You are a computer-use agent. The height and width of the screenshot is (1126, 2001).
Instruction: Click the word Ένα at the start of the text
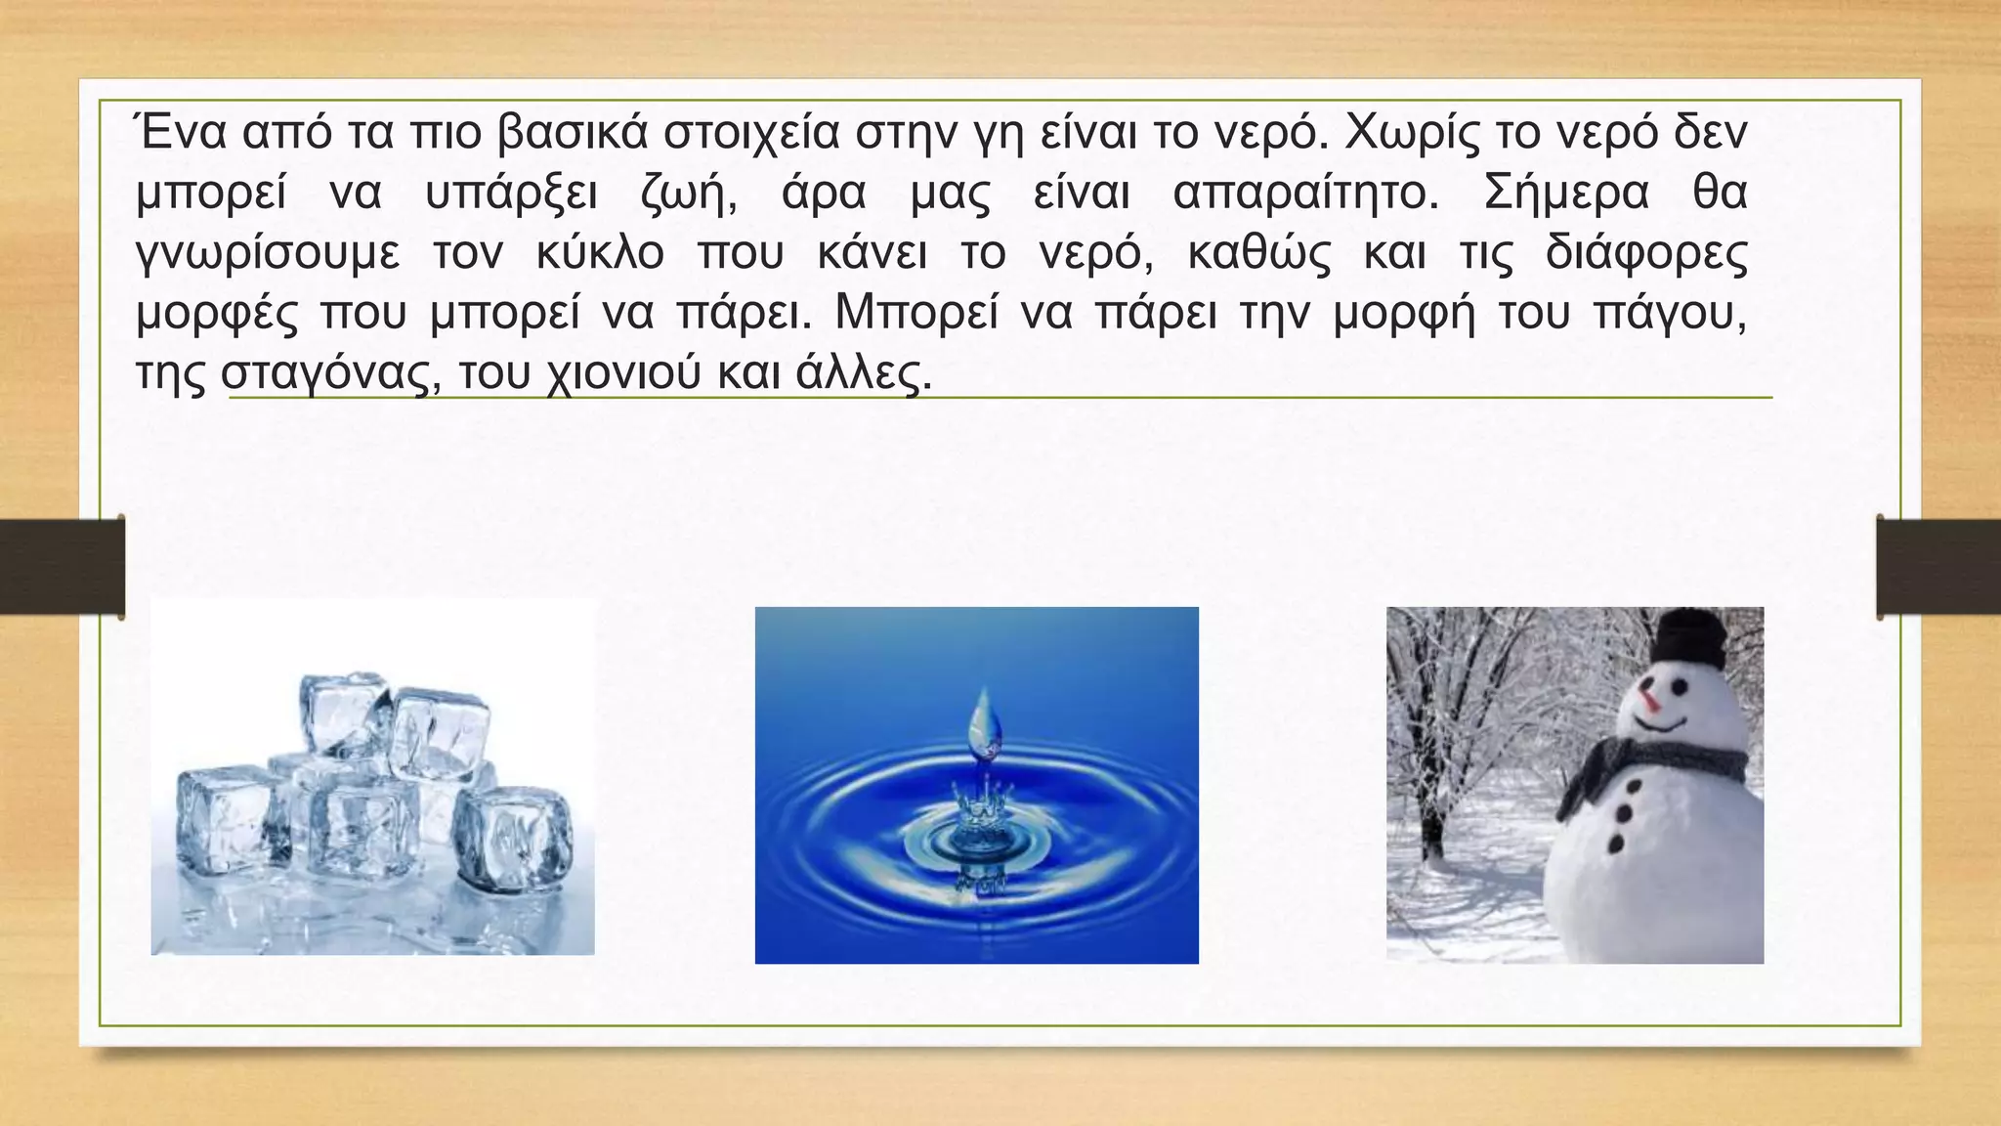180,133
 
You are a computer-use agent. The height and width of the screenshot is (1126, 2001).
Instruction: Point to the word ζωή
688,194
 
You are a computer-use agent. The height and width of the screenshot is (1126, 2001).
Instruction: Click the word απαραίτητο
1306,194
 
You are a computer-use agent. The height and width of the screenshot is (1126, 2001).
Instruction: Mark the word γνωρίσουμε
268,253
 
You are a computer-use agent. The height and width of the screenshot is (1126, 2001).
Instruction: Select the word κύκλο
600,253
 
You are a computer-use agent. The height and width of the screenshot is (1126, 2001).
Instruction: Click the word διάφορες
1646,253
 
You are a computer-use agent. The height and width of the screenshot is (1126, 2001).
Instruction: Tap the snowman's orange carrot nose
1650,700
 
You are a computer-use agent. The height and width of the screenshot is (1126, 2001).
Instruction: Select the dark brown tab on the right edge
1938,567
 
